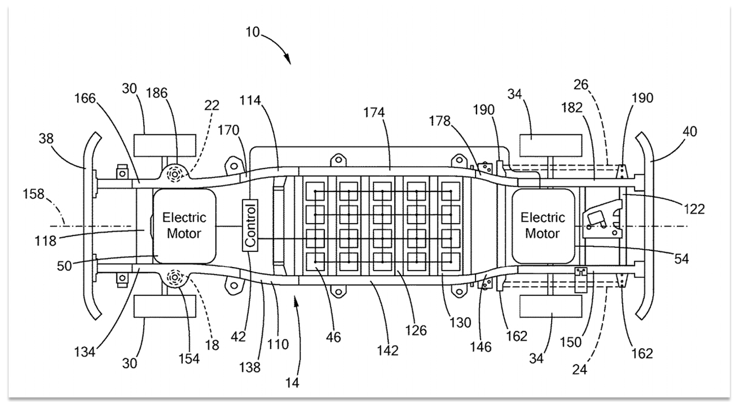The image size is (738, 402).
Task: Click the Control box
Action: pyautogui.click(x=250, y=225)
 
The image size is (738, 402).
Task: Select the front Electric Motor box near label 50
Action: pyautogui.click(x=185, y=226)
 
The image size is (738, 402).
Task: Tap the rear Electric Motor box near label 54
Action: pyautogui.click(x=543, y=226)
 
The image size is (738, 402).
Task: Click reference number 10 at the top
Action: pyautogui.click(x=253, y=32)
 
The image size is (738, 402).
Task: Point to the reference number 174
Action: pyautogui.click(x=374, y=112)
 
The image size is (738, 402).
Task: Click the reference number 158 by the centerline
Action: pyautogui.click(x=33, y=194)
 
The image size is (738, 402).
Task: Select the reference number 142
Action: pyautogui.click(x=388, y=351)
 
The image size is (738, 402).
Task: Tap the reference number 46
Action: pyautogui.click(x=333, y=337)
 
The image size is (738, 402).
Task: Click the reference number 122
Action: pyautogui.click(x=694, y=209)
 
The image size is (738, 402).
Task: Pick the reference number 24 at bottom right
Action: pyautogui.click(x=579, y=370)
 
